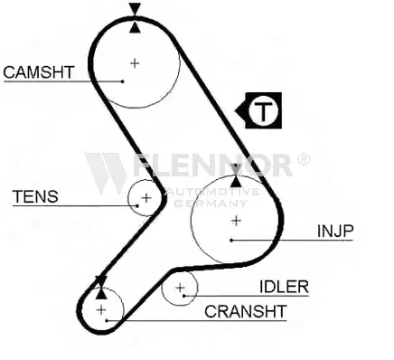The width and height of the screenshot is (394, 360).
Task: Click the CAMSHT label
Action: [x=39, y=72]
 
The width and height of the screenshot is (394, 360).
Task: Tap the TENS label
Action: [x=35, y=196]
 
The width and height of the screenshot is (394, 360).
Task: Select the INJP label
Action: [x=335, y=232]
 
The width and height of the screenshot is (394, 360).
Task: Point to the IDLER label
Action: [x=285, y=287]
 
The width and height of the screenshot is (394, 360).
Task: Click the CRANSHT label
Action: [x=246, y=311]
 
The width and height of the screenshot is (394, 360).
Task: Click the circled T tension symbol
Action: [x=263, y=110]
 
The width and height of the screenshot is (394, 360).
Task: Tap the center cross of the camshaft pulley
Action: [x=135, y=63]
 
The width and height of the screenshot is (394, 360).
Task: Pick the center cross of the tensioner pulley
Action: [x=146, y=198]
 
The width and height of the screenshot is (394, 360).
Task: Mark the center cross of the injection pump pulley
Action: [x=237, y=221]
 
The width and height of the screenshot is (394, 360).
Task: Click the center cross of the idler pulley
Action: [x=180, y=288]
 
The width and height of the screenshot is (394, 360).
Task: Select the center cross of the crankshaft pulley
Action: [x=101, y=309]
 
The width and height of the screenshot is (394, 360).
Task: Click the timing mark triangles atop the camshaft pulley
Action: [x=135, y=17]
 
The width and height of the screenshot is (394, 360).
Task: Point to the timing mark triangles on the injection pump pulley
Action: [x=236, y=175]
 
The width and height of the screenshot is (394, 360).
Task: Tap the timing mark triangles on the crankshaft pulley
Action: [x=101, y=288]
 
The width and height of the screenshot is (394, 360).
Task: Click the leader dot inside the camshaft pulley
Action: [x=123, y=81]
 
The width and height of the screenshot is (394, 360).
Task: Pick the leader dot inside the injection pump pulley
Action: [x=231, y=241]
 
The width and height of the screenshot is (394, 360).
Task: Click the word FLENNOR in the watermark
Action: [x=212, y=165]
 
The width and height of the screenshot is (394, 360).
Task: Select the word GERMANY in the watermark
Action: [x=211, y=204]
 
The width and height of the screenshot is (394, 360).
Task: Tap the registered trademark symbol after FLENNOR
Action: [x=304, y=159]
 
